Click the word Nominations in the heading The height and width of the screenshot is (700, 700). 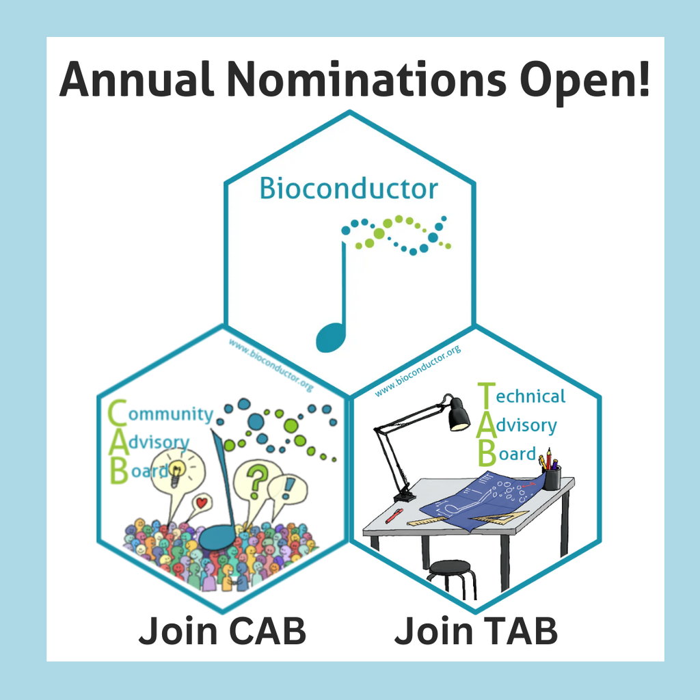point(366,79)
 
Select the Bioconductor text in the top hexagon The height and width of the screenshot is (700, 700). point(349,189)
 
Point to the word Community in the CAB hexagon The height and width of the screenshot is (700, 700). point(170,415)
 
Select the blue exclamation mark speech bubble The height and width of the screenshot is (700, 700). point(287,489)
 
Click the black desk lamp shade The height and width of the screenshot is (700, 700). point(458,414)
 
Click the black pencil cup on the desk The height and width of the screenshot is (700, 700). point(552,478)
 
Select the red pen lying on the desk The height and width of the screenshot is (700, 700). point(394,515)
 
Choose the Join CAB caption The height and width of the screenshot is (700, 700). point(222,631)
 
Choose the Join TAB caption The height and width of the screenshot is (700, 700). point(476,631)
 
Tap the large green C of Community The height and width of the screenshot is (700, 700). point(118,412)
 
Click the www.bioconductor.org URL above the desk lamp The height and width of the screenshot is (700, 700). point(418,371)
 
